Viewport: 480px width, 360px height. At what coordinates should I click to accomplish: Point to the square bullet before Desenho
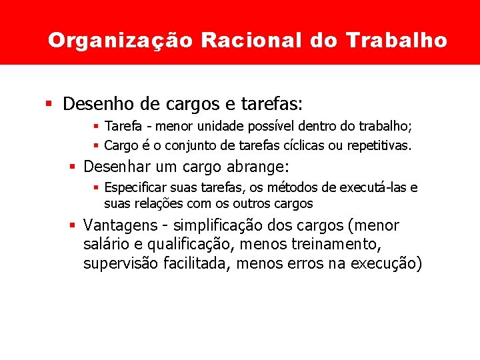[49, 104]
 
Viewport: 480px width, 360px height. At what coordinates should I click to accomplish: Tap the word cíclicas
[301, 145]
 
